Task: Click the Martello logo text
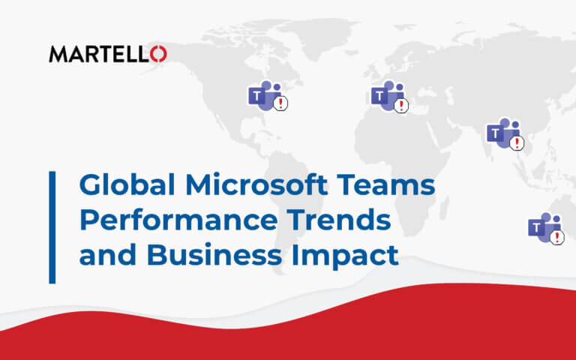coord(108,54)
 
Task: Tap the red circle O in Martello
coord(159,54)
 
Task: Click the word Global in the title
coord(127,184)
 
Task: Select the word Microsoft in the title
coord(256,184)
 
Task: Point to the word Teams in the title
coord(386,184)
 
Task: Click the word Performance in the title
coord(178,220)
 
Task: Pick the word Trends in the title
coord(339,220)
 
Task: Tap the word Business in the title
coord(214,254)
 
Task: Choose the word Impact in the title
coord(345,256)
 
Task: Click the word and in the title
coord(108,254)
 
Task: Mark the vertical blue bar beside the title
coord(52,227)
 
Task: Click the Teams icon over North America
coord(268,95)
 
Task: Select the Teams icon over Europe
coord(389,96)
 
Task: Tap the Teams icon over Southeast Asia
coord(505,134)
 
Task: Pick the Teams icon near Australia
coord(546,229)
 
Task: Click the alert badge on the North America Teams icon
coord(280,103)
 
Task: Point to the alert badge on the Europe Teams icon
coord(401,106)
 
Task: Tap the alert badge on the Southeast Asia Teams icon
coord(517,143)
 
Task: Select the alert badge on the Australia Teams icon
coord(557,237)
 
